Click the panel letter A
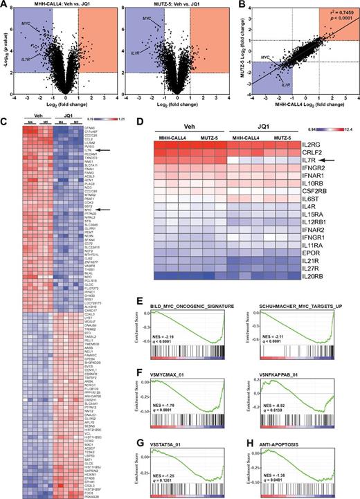pos(5,5)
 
